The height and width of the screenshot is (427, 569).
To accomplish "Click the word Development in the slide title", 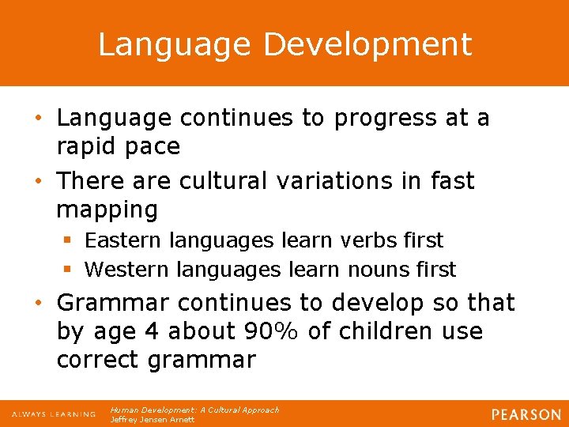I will (367, 45).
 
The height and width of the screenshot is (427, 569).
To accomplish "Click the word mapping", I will (107, 210).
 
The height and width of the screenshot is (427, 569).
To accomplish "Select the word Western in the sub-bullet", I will (126, 270).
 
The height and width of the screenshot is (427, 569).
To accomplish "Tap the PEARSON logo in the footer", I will (526, 414).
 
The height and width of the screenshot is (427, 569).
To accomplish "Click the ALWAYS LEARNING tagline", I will (53, 414).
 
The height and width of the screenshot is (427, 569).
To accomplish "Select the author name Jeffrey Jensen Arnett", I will (152, 420).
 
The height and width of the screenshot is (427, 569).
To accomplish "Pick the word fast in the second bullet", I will (454, 181).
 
